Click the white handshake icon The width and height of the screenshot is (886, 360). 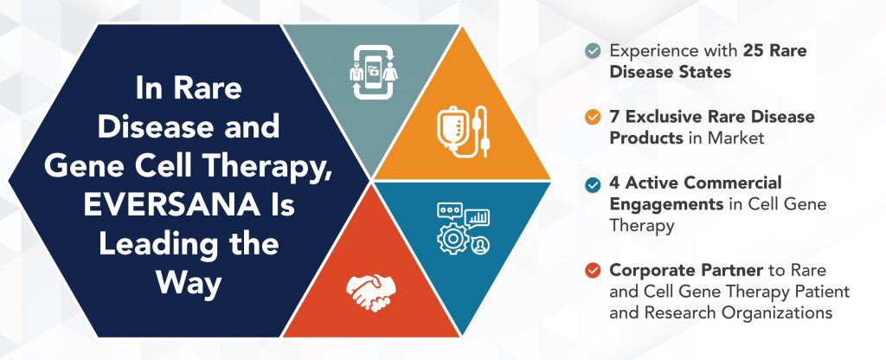click(x=369, y=292)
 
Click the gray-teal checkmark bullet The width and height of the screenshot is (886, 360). click(x=592, y=51)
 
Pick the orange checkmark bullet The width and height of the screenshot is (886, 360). click(x=592, y=117)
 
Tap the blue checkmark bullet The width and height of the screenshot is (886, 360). click(x=592, y=183)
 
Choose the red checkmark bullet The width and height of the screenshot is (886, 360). click(x=592, y=270)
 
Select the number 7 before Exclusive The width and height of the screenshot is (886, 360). click(x=615, y=117)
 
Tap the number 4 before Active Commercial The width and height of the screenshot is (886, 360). click(x=615, y=183)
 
